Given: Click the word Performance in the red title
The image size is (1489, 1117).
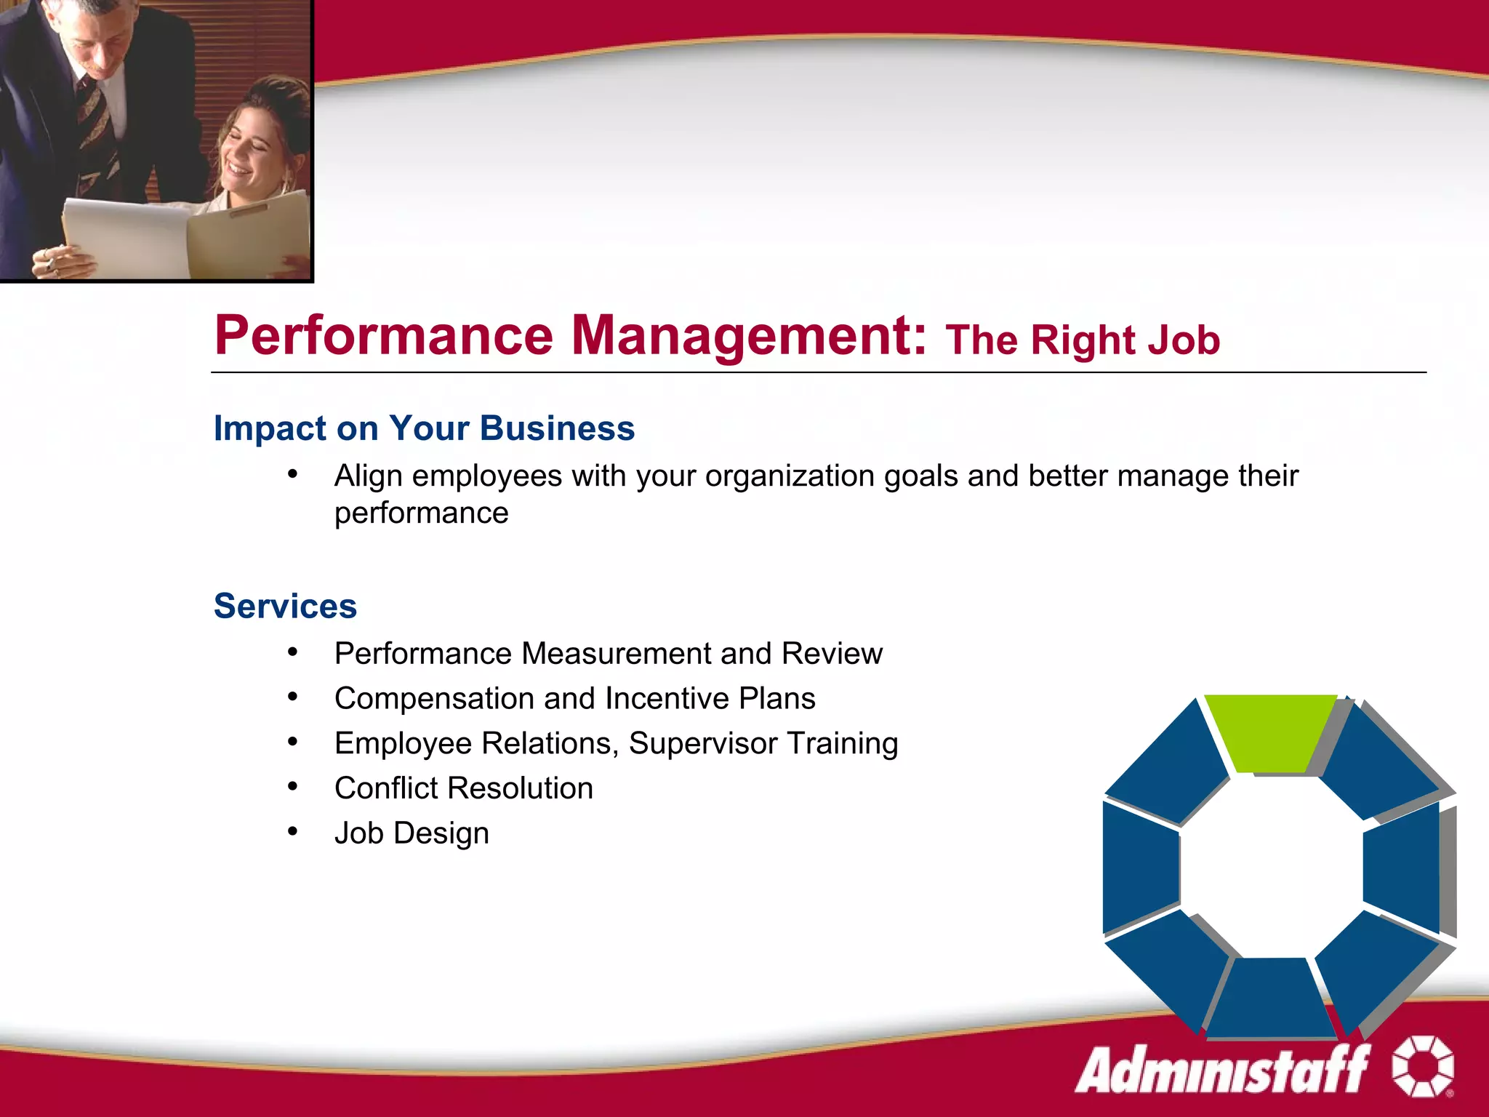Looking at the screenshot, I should (384, 336).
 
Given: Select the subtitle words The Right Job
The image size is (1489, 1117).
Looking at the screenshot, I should (1082, 340).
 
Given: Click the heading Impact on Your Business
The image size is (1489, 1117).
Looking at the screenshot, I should (424, 428).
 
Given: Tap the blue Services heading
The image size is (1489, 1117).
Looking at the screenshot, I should (285, 606).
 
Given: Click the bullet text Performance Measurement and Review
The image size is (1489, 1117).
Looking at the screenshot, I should (608, 653).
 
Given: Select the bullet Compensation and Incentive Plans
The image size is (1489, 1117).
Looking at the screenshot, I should (574, 698).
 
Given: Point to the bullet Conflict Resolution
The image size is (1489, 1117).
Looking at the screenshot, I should (463, 788).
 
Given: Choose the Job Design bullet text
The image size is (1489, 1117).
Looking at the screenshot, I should (412, 833).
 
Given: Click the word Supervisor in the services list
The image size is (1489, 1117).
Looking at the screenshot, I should (703, 743).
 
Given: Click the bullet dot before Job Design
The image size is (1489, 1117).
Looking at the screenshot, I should (292, 831).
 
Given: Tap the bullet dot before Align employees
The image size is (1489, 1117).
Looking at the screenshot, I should (292, 475).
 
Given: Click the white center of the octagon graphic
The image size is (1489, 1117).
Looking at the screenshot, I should (1271, 865).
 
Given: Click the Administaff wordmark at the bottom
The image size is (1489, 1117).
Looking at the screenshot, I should (1221, 1069).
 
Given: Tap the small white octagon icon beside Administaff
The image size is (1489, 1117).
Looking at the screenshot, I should (1421, 1066).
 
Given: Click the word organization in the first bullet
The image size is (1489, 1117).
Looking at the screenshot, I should (790, 476).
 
